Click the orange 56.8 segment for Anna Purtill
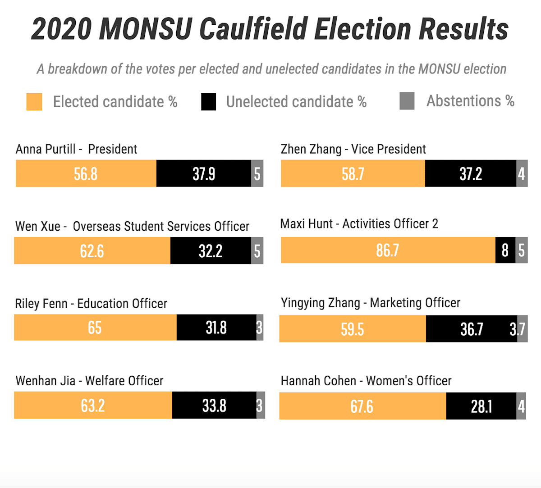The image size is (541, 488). click(86, 173)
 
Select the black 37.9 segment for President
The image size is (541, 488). click(204, 173)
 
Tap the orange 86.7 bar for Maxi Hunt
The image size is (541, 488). click(388, 250)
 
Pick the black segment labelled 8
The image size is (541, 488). click(505, 250)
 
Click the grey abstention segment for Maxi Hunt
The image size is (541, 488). click(522, 250)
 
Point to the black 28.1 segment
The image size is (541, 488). click(481, 406)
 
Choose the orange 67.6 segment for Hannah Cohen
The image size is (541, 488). click(362, 406)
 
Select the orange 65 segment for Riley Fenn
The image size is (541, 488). click(95, 328)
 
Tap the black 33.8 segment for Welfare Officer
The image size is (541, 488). click(214, 405)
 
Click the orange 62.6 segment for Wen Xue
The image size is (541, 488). click(92, 251)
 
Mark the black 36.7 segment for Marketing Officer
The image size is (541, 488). click(471, 329)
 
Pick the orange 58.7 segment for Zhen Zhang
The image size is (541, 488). click(353, 173)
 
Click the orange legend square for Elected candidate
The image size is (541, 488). click(34, 102)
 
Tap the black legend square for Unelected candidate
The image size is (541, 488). click(208, 102)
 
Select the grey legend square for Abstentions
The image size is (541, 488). click(407, 101)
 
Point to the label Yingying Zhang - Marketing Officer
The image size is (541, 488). click(370, 303)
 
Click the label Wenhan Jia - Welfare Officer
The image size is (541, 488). click(89, 381)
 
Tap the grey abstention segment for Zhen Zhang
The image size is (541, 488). click(522, 173)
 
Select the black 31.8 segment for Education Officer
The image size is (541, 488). click(216, 328)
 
